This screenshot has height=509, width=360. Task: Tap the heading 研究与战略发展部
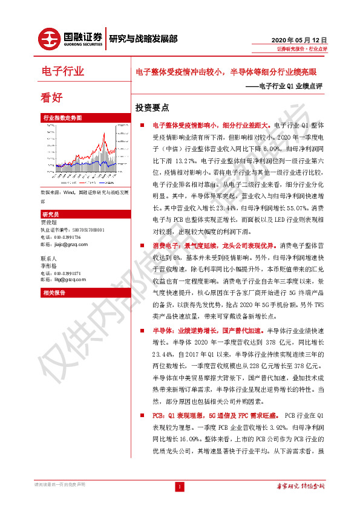pos(143,39)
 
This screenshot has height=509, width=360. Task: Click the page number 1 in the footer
pos(180,487)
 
